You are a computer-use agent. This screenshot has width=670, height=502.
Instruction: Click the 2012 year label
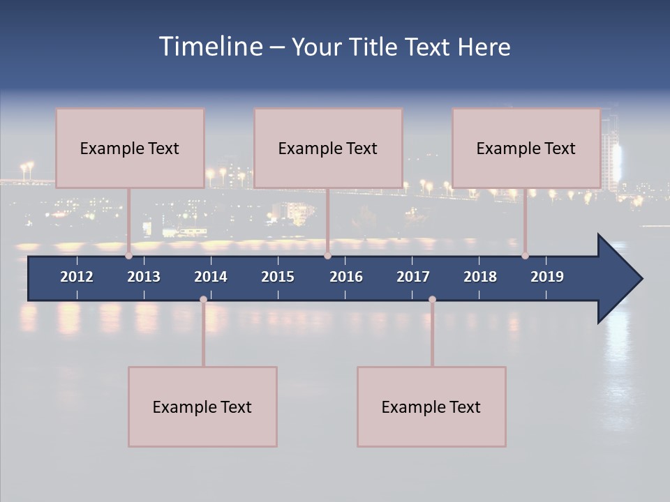click(77, 277)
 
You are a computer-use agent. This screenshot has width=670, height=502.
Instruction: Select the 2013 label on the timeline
click(144, 277)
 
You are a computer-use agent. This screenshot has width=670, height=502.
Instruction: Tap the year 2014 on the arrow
click(211, 277)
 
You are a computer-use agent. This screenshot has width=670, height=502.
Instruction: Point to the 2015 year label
click(278, 277)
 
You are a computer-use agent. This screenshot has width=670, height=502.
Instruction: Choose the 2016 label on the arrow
click(346, 277)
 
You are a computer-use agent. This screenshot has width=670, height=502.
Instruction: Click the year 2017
click(413, 277)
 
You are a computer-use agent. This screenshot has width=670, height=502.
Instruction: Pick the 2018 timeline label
click(480, 277)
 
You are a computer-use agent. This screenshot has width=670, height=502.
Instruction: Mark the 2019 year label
click(547, 277)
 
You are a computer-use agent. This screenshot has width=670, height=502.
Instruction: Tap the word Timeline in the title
click(211, 47)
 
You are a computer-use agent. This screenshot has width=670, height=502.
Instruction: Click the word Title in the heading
click(374, 47)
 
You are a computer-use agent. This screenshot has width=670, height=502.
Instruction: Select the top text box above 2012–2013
click(130, 148)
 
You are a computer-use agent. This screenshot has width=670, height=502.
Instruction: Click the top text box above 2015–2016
click(328, 148)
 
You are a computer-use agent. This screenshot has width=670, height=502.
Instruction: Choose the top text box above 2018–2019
click(526, 148)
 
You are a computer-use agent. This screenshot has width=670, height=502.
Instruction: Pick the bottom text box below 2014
click(202, 406)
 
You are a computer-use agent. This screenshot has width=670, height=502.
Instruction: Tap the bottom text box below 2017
click(431, 406)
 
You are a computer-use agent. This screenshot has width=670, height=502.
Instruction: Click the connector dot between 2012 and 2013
click(129, 256)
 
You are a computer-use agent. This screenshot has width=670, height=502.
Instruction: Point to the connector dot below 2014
click(203, 300)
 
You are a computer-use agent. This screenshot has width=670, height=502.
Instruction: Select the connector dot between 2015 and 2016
click(327, 256)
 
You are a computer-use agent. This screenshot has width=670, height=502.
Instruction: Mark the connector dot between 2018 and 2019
click(526, 256)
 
